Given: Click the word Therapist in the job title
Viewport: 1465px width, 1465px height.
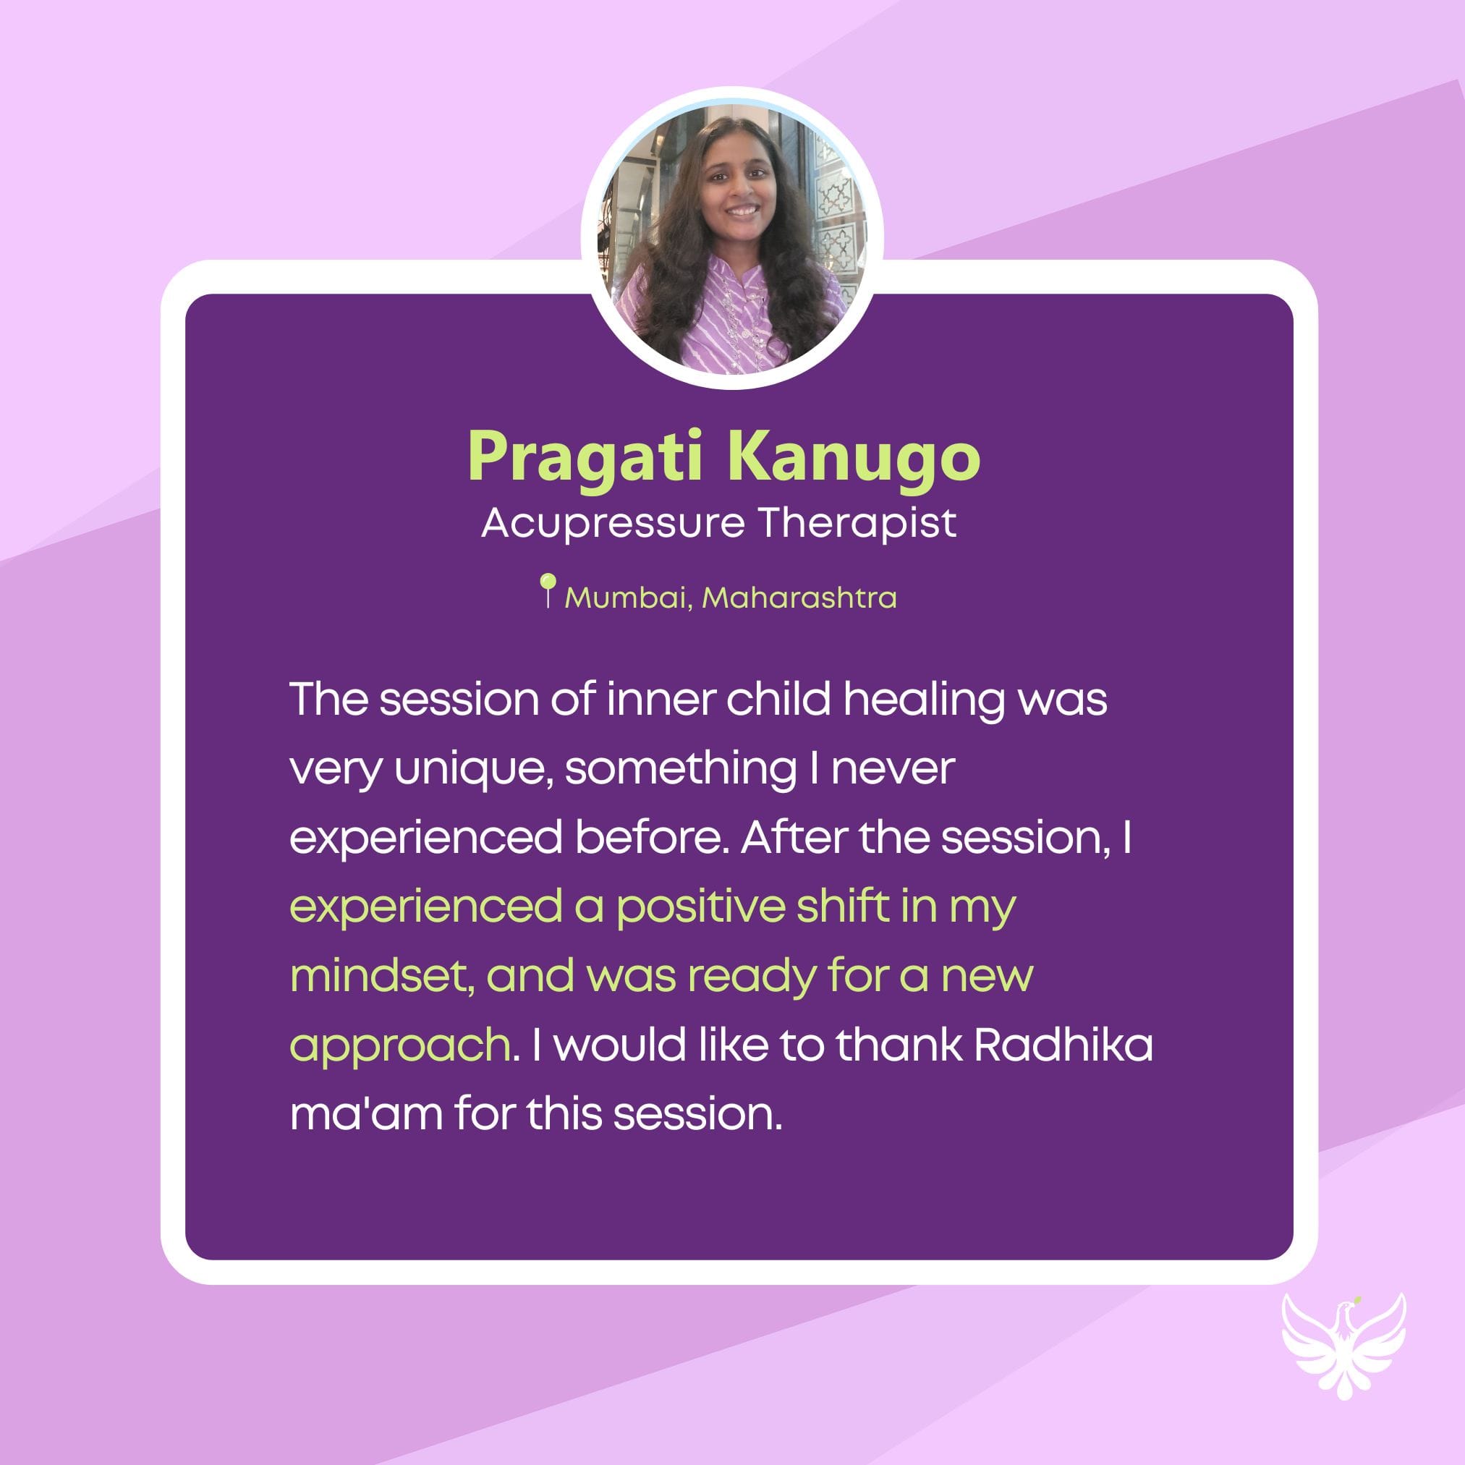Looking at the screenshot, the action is (x=857, y=524).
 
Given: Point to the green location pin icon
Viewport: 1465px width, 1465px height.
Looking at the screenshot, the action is (x=548, y=590).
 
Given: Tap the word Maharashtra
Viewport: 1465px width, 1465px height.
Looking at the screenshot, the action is (x=799, y=598).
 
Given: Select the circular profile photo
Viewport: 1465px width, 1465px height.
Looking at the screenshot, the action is (x=732, y=239).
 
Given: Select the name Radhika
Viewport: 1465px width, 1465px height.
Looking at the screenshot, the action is (x=1063, y=1045).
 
